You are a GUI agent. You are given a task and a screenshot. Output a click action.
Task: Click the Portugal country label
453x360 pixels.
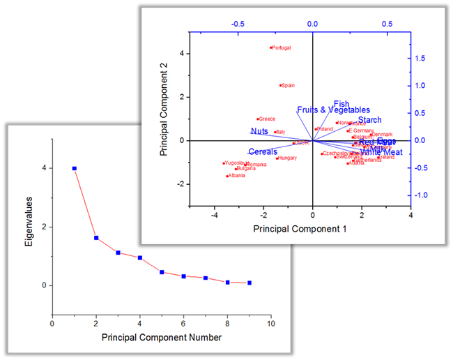281,48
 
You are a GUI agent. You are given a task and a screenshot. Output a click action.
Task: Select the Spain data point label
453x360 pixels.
288,86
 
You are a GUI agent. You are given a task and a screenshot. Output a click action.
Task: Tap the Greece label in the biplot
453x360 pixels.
268,119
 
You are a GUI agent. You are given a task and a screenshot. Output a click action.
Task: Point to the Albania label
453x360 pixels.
236,176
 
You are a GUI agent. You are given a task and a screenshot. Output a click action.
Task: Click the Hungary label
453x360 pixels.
288,158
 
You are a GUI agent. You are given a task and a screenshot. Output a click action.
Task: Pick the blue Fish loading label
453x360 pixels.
341,104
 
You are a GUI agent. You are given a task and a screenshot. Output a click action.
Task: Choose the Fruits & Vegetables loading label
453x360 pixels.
333,110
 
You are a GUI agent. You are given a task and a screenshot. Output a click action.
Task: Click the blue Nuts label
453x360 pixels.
259,131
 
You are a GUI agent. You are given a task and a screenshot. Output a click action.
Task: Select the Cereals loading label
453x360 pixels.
263,151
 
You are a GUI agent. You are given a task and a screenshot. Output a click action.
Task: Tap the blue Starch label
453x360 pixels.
370,120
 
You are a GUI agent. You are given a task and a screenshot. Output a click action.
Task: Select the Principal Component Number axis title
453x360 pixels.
162,338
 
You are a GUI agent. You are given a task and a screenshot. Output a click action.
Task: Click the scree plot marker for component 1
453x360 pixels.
75,168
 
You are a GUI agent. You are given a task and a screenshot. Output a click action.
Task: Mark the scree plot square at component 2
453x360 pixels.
96,238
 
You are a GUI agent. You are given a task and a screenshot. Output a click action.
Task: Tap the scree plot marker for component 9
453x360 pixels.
249,283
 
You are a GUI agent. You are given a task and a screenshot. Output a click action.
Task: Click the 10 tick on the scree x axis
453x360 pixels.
271,324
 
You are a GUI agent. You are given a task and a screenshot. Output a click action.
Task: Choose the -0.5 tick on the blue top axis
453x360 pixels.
238,23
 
